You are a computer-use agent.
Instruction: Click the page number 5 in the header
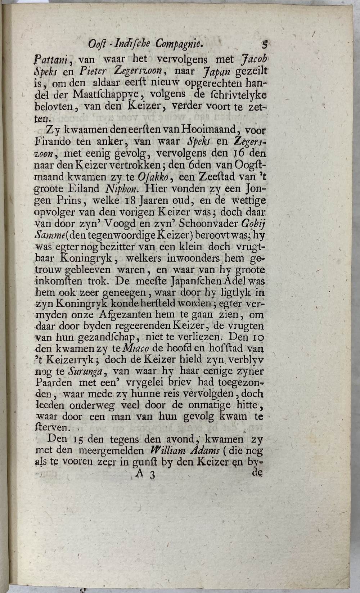(x=265, y=45)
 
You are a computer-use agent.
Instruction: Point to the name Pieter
(x=93, y=71)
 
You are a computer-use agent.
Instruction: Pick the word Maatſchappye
(x=105, y=95)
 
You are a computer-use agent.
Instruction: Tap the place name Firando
(x=53, y=141)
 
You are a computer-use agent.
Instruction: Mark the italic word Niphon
(x=120, y=189)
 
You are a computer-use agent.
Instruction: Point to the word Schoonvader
(x=208, y=224)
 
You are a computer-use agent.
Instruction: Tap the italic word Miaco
(x=136, y=349)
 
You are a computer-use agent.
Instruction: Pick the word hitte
(x=247, y=405)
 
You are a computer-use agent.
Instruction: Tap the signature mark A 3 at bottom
(x=145, y=475)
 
